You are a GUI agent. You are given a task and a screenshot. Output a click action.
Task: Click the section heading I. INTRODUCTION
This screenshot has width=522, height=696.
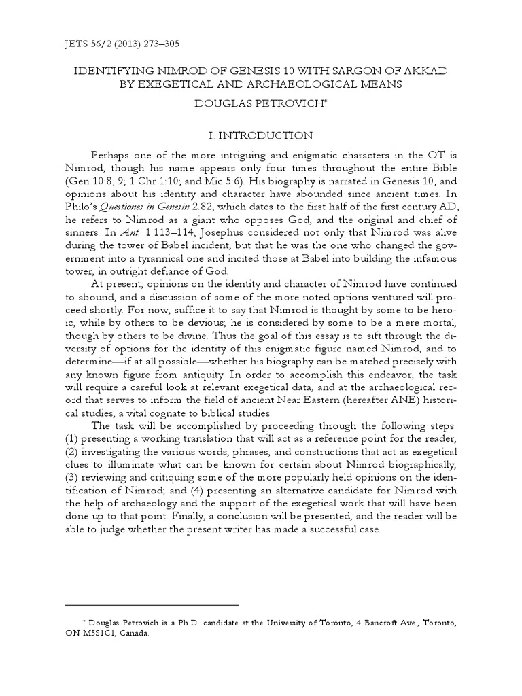pyautogui.click(x=260, y=135)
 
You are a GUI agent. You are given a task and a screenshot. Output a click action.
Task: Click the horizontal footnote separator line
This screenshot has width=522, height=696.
pyautogui.click(x=152, y=604)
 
